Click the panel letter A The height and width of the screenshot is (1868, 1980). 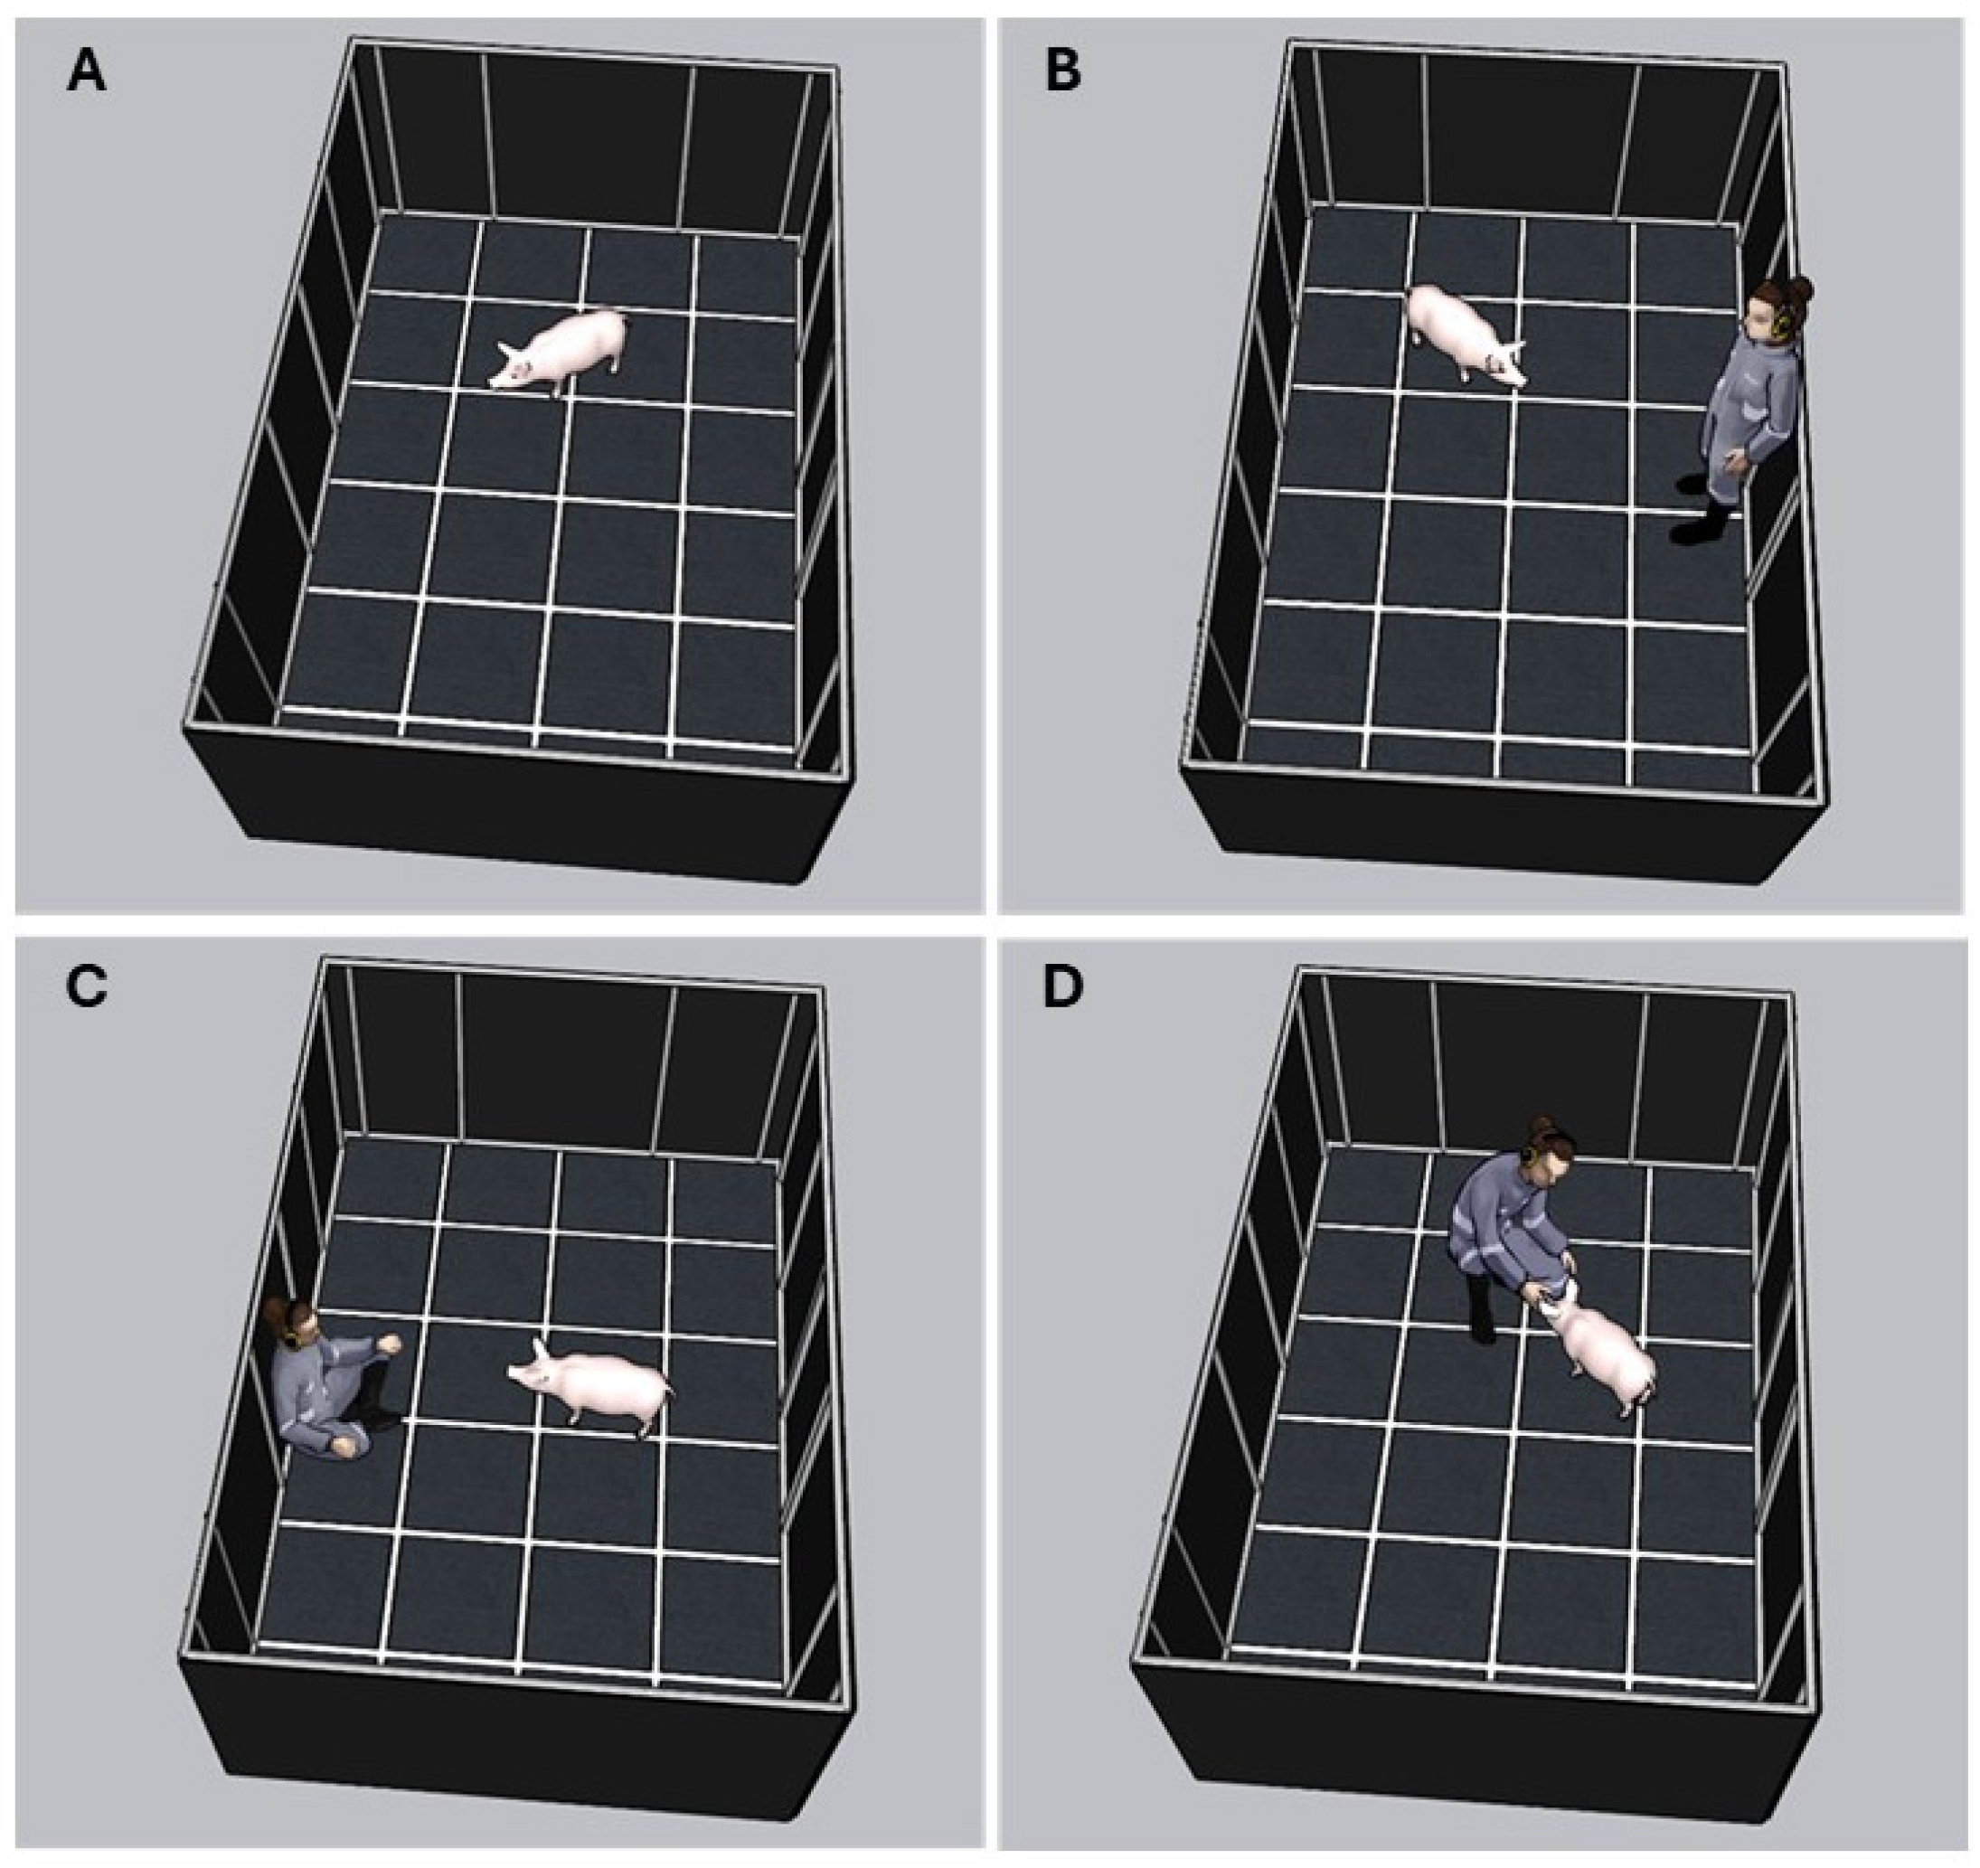click(x=87, y=74)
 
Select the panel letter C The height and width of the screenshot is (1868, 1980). click(x=87, y=988)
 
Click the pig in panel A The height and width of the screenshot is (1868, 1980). click(x=560, y=352)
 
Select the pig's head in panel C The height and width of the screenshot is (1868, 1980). click(x=536, y=1367)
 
